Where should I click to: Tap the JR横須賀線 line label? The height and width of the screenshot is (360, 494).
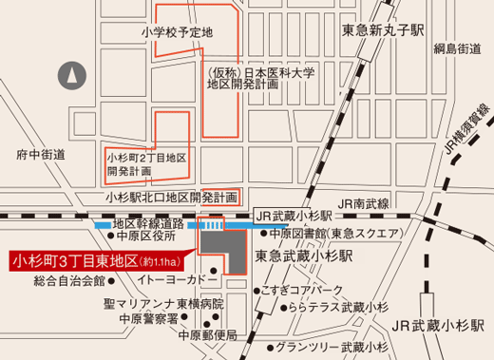466,134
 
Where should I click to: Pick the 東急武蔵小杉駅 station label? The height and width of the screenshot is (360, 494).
304,256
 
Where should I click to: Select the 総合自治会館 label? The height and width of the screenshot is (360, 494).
67,281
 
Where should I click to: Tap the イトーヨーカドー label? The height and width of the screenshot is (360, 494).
171,281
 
